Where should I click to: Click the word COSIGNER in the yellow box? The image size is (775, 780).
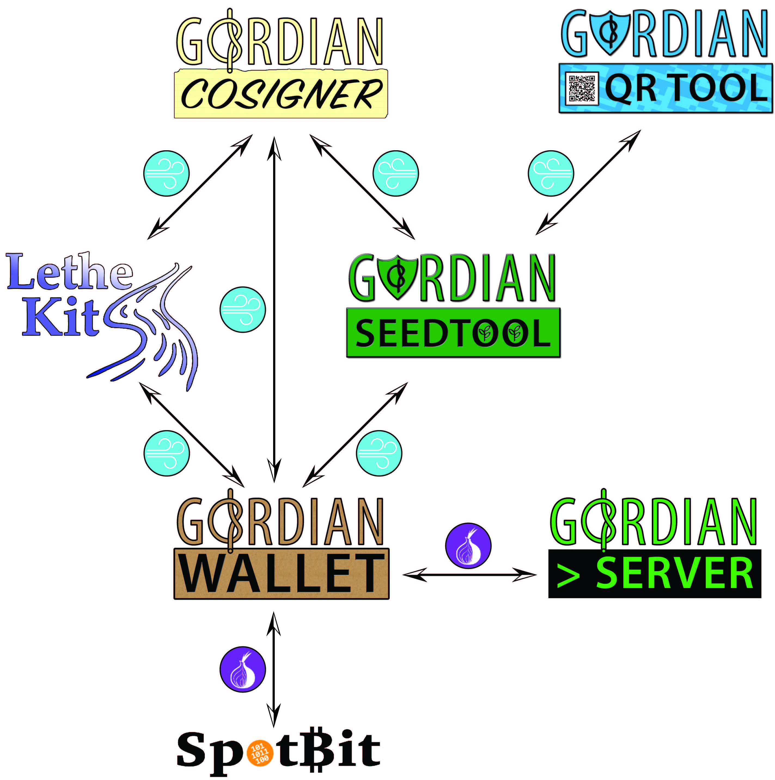[x=281, y=94]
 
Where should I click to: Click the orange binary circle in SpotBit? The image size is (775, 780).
[x=260, y=752]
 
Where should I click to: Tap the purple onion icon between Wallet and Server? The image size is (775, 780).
[x=468, y=546]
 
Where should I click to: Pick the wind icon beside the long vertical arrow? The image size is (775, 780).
[x=243, y=310]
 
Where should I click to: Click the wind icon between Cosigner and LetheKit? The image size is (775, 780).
[x=166, y=174]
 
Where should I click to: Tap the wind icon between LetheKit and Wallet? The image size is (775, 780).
[x=166, y=453]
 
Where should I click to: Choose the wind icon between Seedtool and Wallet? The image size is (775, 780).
[x=379, y=453]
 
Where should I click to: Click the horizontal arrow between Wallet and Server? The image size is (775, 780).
[x=469, y=574]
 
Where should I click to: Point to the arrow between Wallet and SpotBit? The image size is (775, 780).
[x=274, y=670]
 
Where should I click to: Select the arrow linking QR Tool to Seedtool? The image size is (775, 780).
[x=588, y=182]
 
